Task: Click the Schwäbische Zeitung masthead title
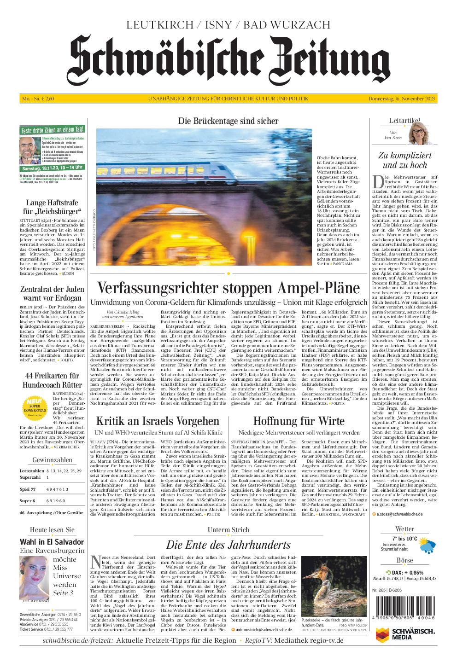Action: point(228,58)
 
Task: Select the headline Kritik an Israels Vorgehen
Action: point(158,421)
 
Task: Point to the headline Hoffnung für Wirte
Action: point(299,421)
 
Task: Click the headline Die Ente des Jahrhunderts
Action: point(228,545)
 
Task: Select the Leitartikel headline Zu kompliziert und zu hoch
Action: point(405,160)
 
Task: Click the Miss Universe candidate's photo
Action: point(35,577)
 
